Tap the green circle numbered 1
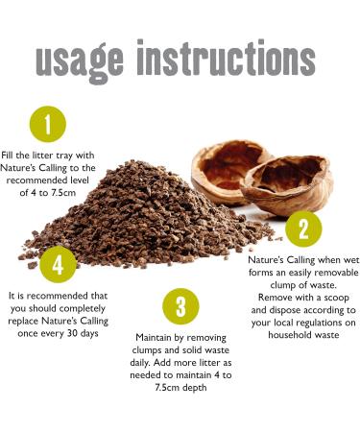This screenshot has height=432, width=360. (x=49, y=123)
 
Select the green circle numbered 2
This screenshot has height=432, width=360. (x=303, y=228)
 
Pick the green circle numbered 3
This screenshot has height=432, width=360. (x=180, y=306)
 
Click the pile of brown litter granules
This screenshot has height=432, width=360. (x=144, y=211)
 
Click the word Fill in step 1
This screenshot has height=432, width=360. (x=12, y=155)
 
